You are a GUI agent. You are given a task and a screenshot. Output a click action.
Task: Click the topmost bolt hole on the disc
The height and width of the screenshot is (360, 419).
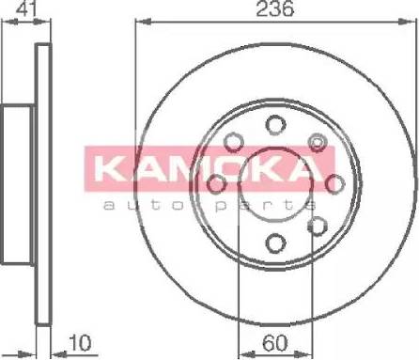coord(274,124)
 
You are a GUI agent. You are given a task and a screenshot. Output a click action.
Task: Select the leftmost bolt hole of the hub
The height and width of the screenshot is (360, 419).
coord(216,183)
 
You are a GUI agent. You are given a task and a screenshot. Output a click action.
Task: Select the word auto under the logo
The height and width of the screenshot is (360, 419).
coord(132,203)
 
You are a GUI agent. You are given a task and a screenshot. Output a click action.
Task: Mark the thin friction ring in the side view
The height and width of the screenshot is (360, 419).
coord(41,94)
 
